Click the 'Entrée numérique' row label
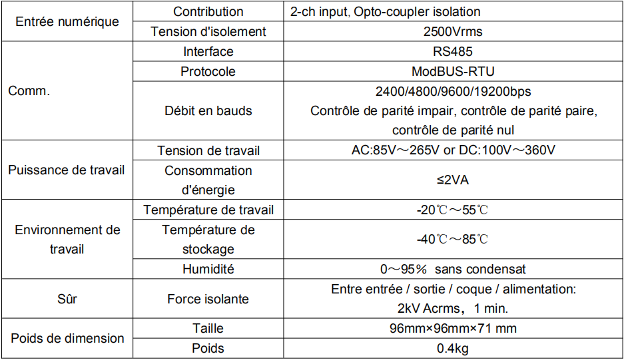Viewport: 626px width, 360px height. (x=67, y=21)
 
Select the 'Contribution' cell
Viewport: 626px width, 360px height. (x=208, y=11)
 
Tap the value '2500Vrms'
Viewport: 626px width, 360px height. (x=453, y=31)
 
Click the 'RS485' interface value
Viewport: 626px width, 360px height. (x=453, y=51)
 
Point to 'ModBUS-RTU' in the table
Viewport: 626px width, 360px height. (x=453, y=71)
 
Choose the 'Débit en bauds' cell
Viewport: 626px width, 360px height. (x=208, y=111)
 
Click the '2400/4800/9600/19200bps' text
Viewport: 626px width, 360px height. (x=453, y=92)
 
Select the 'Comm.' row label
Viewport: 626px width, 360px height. (x=29, y=91)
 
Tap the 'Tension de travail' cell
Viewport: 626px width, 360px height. (x=208, y=150)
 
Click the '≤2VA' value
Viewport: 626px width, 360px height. (x=453, y=180)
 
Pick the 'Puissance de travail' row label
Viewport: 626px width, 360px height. (x=67, y=170)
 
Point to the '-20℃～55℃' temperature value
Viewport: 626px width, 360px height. (x=453, y=210)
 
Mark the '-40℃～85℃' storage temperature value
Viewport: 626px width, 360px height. (x=453, y=239)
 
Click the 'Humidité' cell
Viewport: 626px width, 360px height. (x=208, y=269)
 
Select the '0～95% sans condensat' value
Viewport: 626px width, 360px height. (x=453, y=269)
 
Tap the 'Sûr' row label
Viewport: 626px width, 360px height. (x=67, y=299)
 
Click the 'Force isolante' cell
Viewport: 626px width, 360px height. (x=208, y=299)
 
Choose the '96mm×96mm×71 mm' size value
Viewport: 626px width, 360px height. (x=453, y=328)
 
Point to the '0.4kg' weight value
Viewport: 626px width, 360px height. (x=453, y=348)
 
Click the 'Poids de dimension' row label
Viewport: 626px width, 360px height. (x=67, y=338)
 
